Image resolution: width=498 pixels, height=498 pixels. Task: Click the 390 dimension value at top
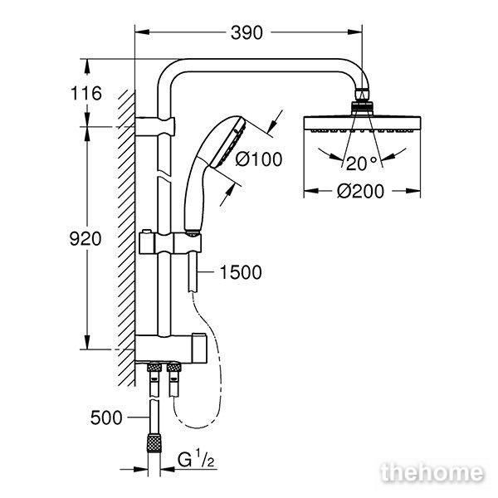click(247, 32)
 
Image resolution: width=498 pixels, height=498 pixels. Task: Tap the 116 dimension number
click(86, 93)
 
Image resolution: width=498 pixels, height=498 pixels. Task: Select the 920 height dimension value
click(85, 238)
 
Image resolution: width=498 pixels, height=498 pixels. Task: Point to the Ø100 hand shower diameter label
click(259, 159)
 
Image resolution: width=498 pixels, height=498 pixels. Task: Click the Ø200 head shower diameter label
click(360, 191)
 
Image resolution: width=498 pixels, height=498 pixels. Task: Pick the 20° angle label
click(361, 164)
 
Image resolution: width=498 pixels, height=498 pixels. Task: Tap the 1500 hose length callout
click(241, 272)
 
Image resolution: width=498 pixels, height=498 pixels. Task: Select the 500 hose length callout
click(106, 417)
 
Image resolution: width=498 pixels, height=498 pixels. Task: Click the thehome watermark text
click(432, 473)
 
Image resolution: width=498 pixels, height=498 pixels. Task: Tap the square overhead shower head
click(363, 124)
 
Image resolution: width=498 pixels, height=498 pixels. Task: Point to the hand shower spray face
click(227, 144)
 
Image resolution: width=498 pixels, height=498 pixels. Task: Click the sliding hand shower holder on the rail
click(170, 243)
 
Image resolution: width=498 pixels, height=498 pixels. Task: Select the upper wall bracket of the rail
click(155, 127)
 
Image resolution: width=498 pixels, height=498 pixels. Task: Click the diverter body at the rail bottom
click(171, 349)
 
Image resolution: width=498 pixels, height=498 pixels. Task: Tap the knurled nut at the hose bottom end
click(154, 442)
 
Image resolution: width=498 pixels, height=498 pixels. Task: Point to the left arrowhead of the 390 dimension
click(142, 32)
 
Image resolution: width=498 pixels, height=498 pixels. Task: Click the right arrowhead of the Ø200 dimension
click(413, 191)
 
